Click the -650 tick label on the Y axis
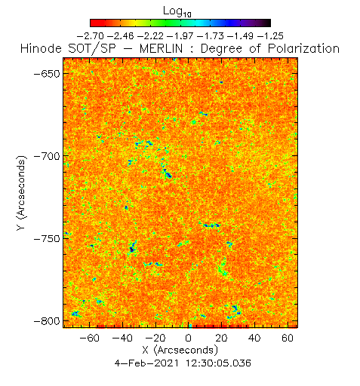[47, 74]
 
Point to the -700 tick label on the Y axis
[47, 157]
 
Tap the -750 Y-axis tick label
[47, 239]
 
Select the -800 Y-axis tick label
[47, 321]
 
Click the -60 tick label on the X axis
[90, 339]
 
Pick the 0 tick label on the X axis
[189, 339]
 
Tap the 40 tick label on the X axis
[254, 339]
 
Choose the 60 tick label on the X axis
[288, 339]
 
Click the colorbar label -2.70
[90, 36]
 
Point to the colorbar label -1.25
[270, 36]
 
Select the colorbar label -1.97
[180, 36]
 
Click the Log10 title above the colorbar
[177, 11]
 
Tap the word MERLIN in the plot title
[161, 48]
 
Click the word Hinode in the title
[41, 48]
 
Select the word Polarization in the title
[303, 48]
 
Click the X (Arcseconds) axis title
[180, 351]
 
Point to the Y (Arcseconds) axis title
[21, 193]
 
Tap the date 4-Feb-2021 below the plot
[147, 363]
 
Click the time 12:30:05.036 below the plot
[218, 363]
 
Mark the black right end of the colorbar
[268, 23]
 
